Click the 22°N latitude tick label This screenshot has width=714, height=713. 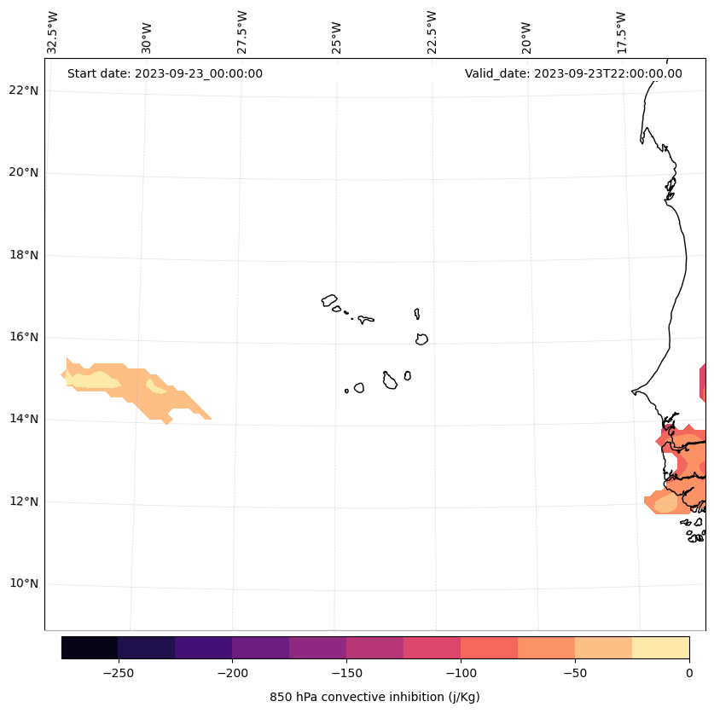point(25,90)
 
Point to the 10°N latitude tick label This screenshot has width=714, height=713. point(25,584)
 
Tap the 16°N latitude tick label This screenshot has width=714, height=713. point(25,338)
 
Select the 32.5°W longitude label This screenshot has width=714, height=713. point(53,32)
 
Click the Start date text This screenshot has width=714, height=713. point(165,73)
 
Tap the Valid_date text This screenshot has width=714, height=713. point(573,73)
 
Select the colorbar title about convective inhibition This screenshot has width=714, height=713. point(374,697)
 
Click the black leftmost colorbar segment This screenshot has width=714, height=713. point(90,647)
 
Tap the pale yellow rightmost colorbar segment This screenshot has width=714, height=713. point(660,647)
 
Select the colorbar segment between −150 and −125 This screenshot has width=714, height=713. point(374,647)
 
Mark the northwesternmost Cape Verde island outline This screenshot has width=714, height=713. point(329,300)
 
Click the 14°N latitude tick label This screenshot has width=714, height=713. point(25,420)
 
